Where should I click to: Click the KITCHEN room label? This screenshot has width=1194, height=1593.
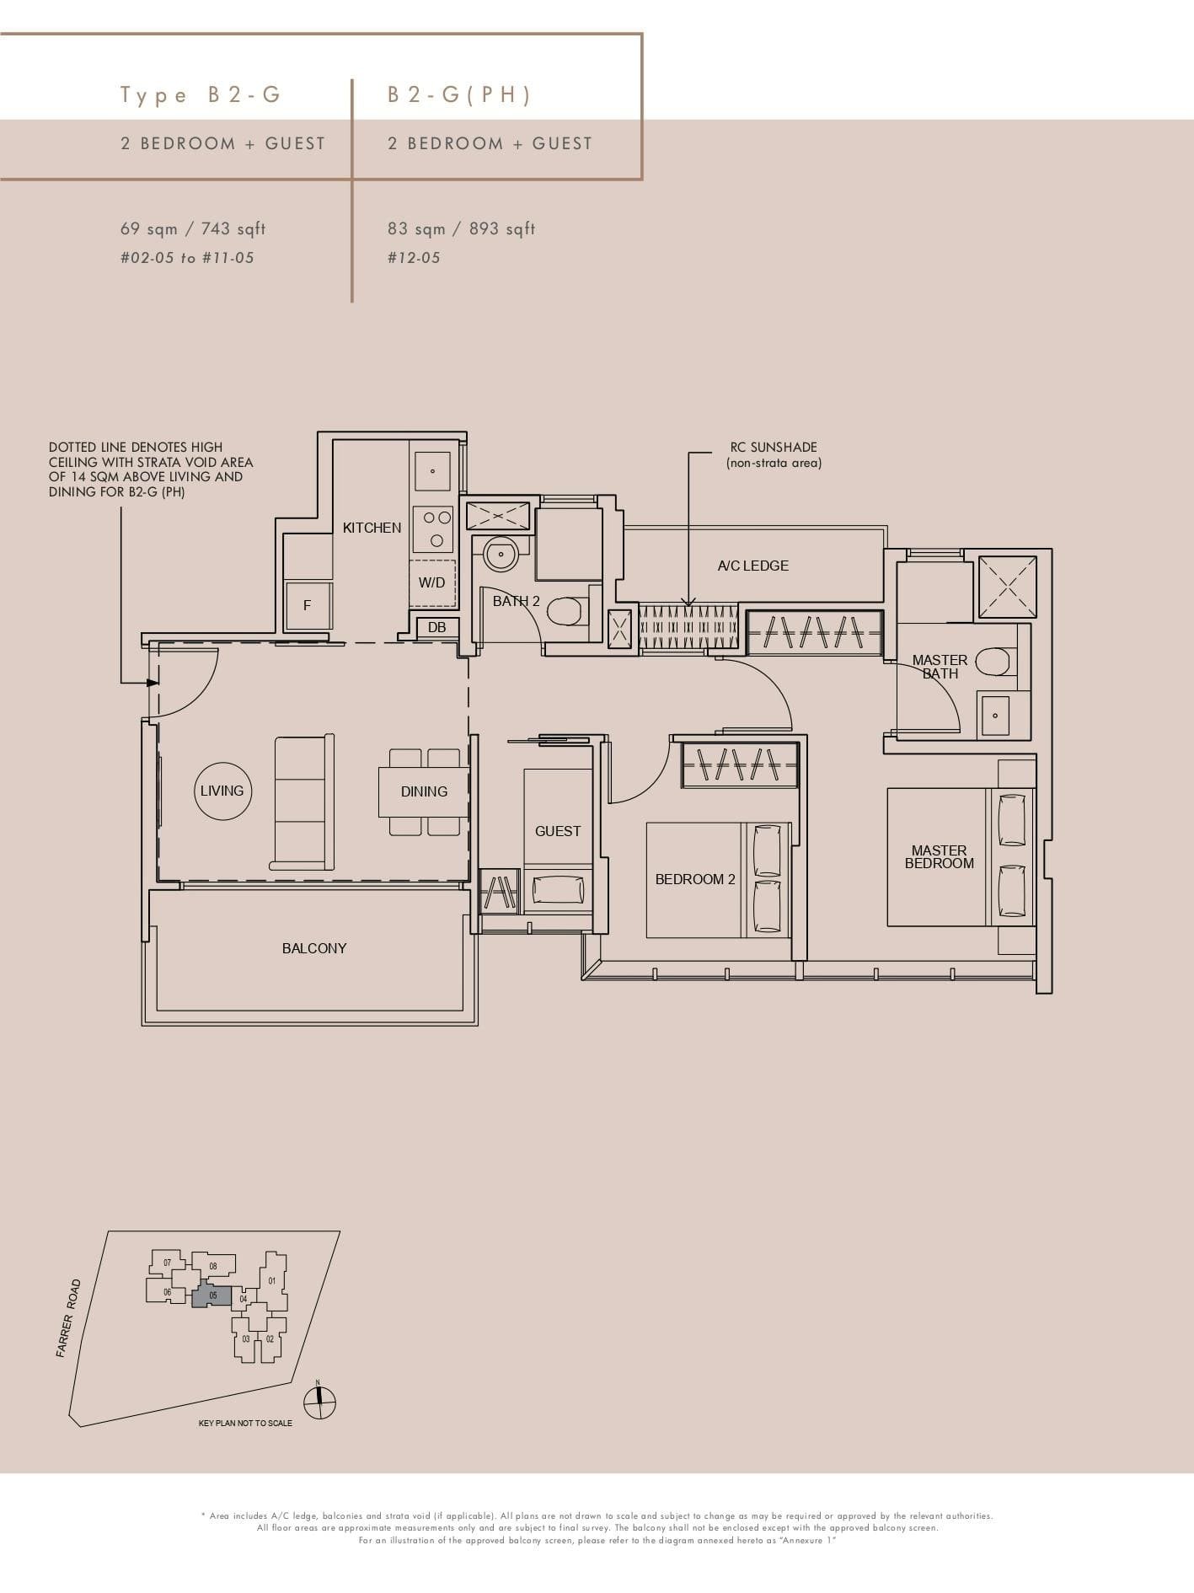372,528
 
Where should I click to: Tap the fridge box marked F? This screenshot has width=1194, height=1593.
307,605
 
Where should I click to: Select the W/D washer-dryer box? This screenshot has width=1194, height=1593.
432,582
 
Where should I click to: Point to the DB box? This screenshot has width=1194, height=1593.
436,627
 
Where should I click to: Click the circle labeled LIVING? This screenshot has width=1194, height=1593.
222,791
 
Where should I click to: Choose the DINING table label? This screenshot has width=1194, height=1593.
424,791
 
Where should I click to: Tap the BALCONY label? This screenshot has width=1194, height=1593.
314,948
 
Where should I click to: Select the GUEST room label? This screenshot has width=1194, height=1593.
558,831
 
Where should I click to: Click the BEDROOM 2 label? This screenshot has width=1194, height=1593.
695,879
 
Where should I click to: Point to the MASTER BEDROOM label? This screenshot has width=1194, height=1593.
939,857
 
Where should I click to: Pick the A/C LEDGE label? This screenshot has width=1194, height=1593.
753,566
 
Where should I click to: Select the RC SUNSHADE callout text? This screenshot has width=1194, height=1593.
774,454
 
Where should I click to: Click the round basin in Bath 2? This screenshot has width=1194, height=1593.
501,554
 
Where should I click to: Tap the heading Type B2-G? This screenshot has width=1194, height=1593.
201,94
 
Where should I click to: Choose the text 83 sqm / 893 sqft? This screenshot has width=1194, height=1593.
461,228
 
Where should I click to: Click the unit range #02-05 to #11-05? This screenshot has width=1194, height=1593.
187,258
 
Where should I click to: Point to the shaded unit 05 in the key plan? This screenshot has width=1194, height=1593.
211,1295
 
